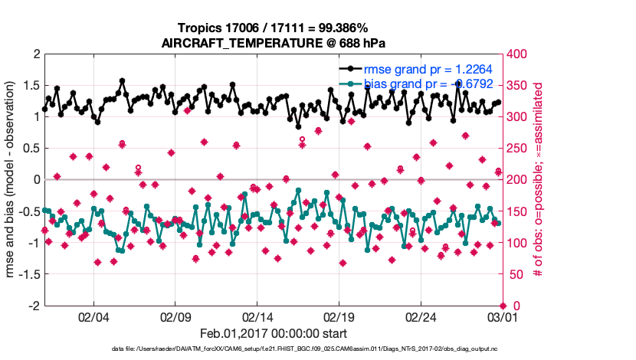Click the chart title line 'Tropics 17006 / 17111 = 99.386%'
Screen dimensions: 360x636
pyautogui.click(x=272, y=28)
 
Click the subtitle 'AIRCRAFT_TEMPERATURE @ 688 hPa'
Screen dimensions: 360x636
pyautogui.click(x=272, y=43)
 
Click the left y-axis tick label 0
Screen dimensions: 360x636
pyautogui.click(x=35, y=180)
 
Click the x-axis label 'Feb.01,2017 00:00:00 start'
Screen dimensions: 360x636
pyautogui.click(x=273, y=334)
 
